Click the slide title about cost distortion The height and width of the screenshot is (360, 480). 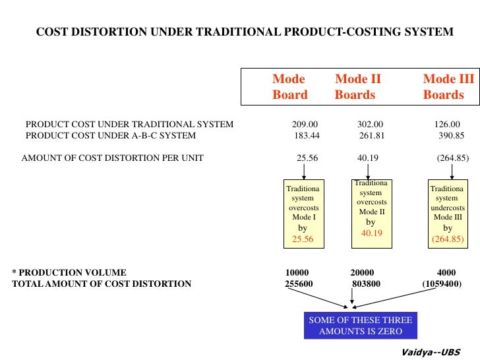pyautogui.click(x=244, y=32)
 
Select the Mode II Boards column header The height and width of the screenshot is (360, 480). pyautogui.click(x=358, y=87)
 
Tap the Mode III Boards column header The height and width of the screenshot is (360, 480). pyautogui.click(x=448, y=87)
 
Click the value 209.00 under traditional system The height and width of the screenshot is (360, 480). pyautogui.click(x=305, y=124)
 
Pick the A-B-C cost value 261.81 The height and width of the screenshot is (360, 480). pyautogui.click(x=372, y=136)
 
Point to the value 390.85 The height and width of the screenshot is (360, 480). pyautogui.click(x=452, y=136)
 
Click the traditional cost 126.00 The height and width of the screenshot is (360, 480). pyautogui.click(x=447, y=124)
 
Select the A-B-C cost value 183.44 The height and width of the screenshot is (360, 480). pyautogui.click(x=307, y=136)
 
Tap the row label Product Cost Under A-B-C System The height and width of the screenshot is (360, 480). pyautogui.click(x=110, y=136)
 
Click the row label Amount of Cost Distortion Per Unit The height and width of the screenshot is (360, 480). pyautogui.click(x=112, y=158)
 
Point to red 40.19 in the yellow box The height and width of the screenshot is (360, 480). pyautogui.click(x=371, y=233)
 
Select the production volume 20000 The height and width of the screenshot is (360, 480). pyautogui.click(x=362, y=272)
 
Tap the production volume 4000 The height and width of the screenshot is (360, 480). pyautogui.click(x=446, y=272)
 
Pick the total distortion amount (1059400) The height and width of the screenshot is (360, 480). pyautogui.click(x=442, y=284)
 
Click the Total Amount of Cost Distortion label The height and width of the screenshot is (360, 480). pyautogui.click(x=102, y=284)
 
